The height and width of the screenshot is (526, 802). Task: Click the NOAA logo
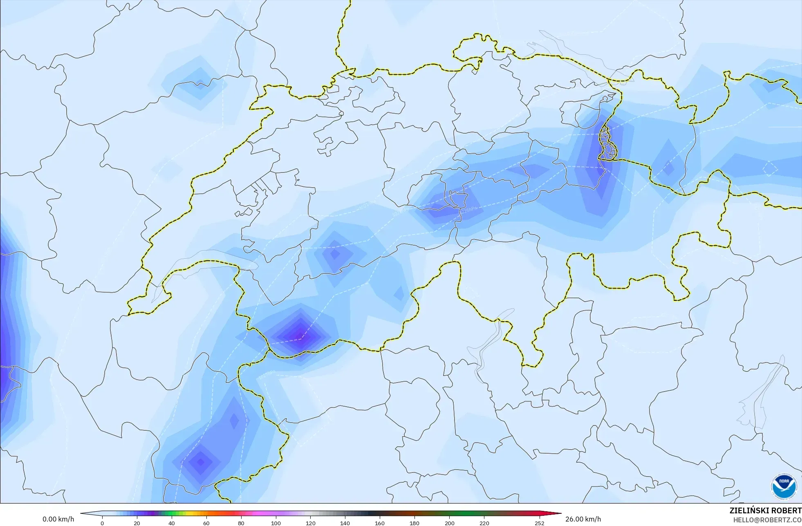coord(784,486)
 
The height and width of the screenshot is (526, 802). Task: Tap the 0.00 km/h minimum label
coord(58,519)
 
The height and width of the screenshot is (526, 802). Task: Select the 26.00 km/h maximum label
coord(583,519)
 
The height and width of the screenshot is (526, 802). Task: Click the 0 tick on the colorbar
coord(102,523)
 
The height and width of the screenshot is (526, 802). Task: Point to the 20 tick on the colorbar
coord(137,523)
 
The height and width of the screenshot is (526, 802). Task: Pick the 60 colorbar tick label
coord(206,523)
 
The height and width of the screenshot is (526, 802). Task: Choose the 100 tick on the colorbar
coord(276,523)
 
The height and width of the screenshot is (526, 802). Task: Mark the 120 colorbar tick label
coord(311,523)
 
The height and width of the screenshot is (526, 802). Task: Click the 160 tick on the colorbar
coord(380,523)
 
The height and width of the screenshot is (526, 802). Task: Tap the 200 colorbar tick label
coord(449,523)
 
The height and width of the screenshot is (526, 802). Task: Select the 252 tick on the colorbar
coord(540,523)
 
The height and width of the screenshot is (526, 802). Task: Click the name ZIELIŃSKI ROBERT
coord(765,510)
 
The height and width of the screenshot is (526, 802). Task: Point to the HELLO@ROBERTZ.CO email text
coord(767,520)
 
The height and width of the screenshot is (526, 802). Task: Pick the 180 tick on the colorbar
coord(414,523)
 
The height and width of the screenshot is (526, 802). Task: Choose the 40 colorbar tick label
coord(172,523)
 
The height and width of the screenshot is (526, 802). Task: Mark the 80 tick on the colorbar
coord(241,523)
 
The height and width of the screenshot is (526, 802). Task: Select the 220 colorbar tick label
coord(484,523)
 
